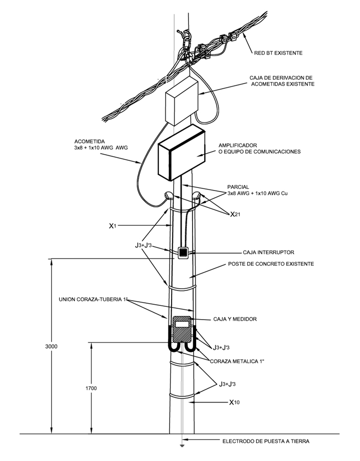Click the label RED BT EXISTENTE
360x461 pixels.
(278, 53)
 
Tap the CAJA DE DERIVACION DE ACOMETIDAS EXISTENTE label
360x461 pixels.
(282, 81)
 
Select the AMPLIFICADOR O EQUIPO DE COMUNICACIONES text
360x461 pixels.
(260, 149)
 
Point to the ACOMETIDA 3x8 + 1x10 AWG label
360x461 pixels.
(101, 144)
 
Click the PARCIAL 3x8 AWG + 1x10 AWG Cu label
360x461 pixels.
(258, 190)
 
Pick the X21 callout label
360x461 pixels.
(235, 214)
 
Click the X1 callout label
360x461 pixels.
(113, 226)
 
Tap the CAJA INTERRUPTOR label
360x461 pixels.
(268, 252)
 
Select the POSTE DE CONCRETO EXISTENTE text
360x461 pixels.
(271, 264)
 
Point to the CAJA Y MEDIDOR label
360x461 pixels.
(235, 319)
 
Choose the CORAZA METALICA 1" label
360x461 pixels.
(237, 361)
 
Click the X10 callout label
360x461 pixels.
(235, 402)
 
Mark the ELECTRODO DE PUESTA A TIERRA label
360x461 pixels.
(266, 441)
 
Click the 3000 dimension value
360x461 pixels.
(51, 346)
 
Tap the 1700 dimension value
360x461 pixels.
(91, 388)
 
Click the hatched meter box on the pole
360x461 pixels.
(181, 329)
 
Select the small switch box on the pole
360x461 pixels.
(183, 253)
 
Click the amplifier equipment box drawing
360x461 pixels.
(181, 152)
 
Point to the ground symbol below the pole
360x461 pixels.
(182, 446)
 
